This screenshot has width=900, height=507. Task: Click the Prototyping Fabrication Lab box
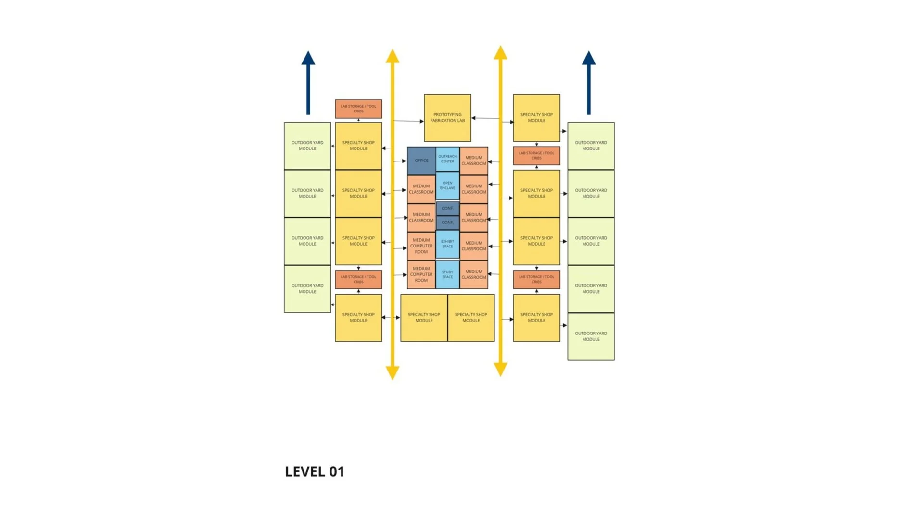point(447,118)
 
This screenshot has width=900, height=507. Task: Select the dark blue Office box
point(421,161)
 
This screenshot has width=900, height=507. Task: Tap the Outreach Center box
point(447,159)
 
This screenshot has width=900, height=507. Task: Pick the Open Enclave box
point(447,185)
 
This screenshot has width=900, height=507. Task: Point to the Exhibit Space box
point(447,244)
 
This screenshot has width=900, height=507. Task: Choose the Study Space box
point(447,274)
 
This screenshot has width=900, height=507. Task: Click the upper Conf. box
point(447,208)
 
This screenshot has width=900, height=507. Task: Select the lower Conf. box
point(447,223)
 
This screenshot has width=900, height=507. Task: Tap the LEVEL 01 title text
point(315,471)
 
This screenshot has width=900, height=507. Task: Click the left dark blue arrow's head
point(308,59)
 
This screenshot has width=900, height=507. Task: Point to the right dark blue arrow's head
point(589,59)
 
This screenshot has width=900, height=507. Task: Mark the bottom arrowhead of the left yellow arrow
point(393,372)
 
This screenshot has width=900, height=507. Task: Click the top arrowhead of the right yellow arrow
point(500,53)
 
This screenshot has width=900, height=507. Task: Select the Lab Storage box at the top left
point(358,109)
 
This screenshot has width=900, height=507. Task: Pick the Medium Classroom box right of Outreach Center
point(474,161)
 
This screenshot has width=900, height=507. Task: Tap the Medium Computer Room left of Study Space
point(421,274)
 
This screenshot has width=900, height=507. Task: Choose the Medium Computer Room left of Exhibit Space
point(421,246)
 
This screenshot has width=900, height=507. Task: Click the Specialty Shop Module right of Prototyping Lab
point(536,118)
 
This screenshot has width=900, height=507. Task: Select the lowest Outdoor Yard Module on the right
point(591,336)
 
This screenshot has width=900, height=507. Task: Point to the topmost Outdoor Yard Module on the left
point(307,146)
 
